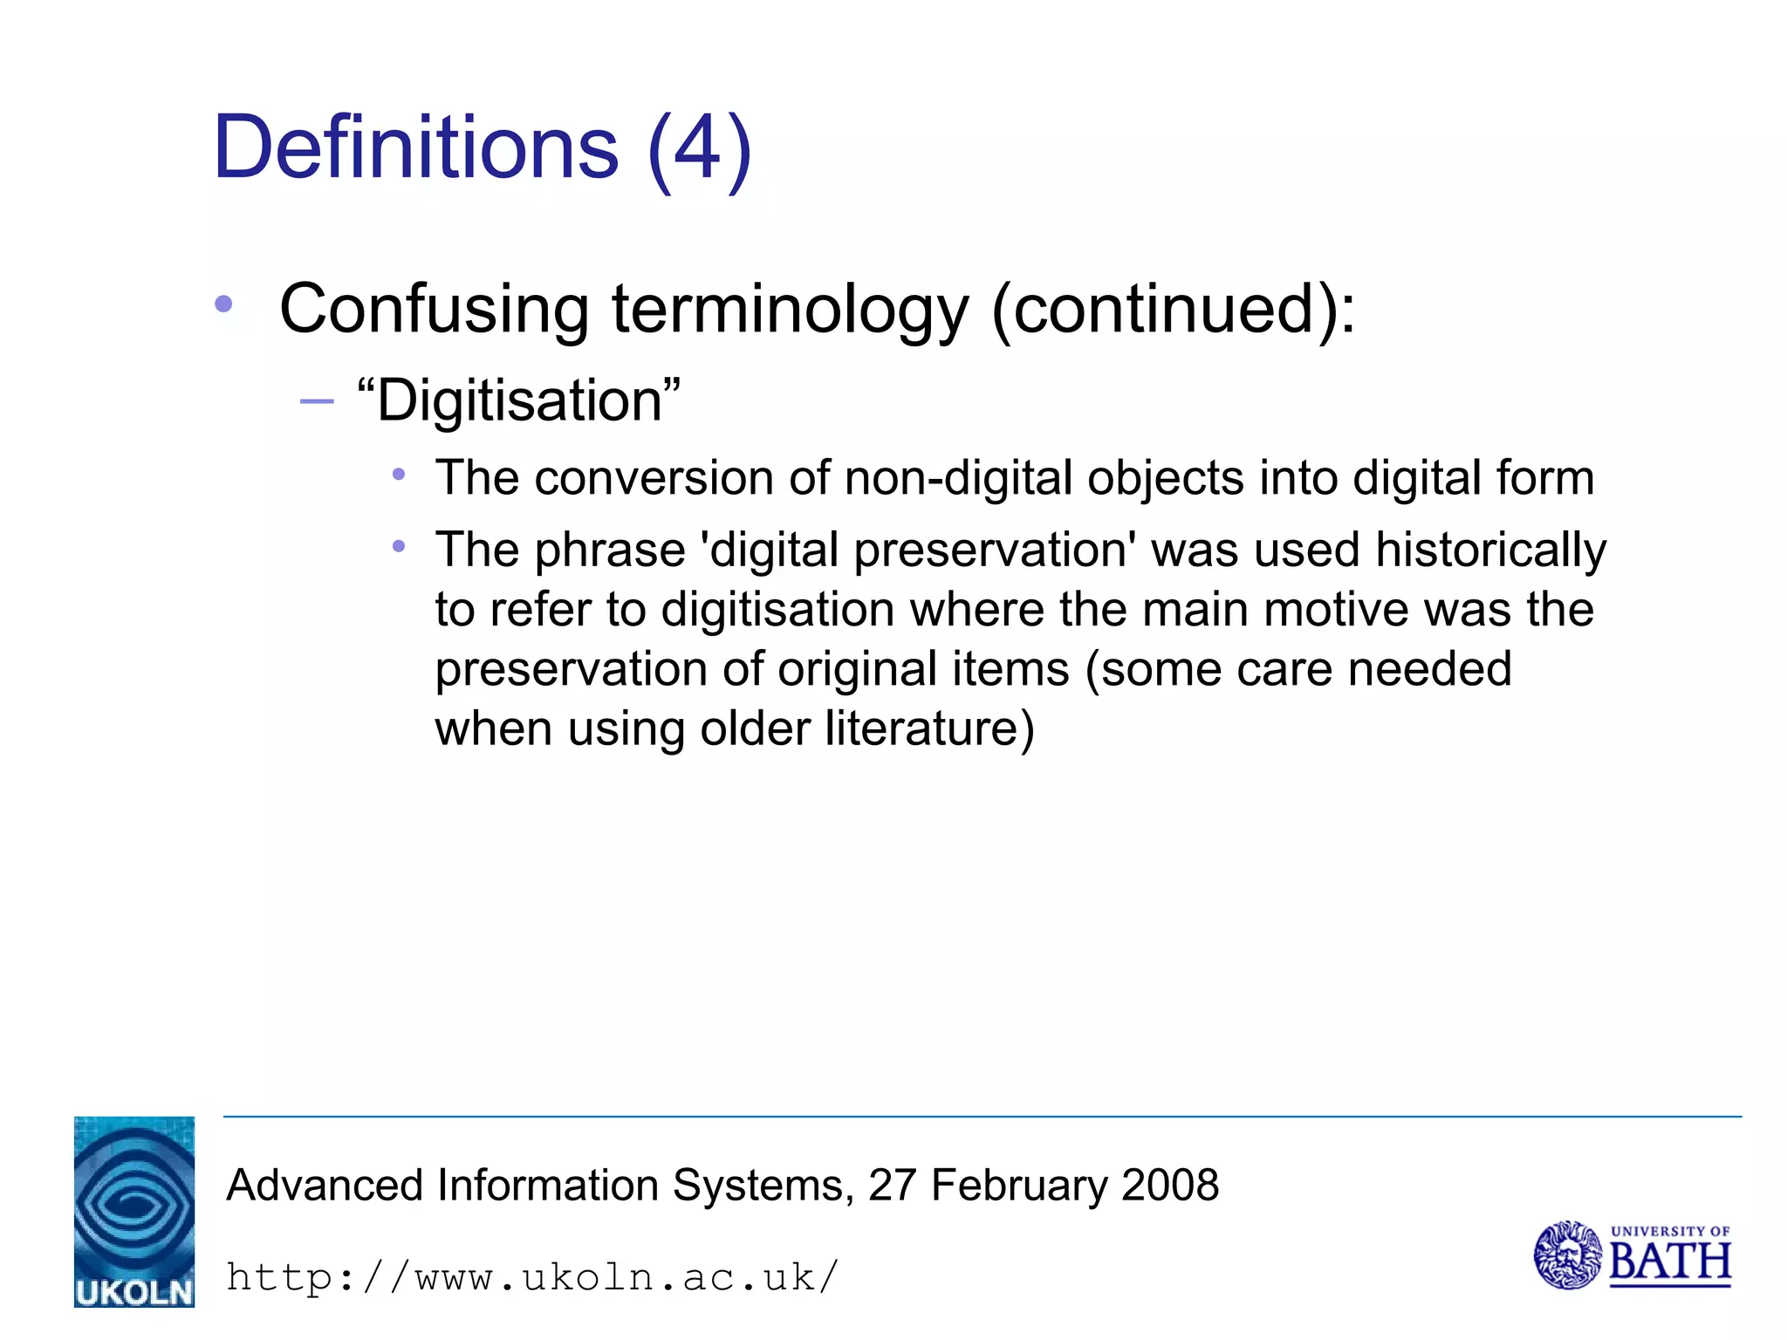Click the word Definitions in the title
(x=415, y=147)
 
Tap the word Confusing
(x=434, y=309)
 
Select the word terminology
(x=790, y=311)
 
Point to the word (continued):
(x=1174, y=309)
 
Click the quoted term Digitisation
(x=519, y=401)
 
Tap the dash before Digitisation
(x=316, y=401)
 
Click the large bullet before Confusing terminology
(x=224, y=304)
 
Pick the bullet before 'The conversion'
(x=399, y=475)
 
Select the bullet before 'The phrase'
(x=399, y=547)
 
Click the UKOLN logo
(x=134, y=1212)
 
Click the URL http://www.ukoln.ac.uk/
(x=532, y=1277)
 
